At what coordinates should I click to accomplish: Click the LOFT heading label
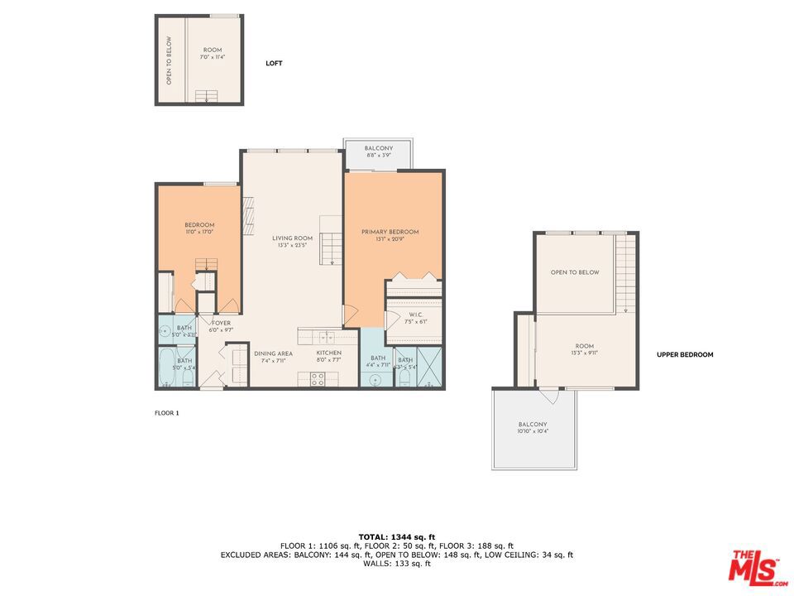[274, 63]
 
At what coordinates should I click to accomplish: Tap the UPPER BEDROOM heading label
[684, 354]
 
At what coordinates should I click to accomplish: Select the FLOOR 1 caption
[166, 412]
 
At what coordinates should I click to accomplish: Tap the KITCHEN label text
[328, 353]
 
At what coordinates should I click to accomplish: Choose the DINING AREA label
[273, 353]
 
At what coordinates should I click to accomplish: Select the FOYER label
[222, 323]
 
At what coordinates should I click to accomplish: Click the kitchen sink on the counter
[328, 337]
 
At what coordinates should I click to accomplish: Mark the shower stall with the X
[430, 366]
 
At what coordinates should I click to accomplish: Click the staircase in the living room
[331, 247]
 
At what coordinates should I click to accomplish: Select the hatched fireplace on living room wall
[246, 217]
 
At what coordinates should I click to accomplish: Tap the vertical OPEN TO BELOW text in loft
[169, 60]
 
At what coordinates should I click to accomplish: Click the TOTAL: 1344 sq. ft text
[396, 537]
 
